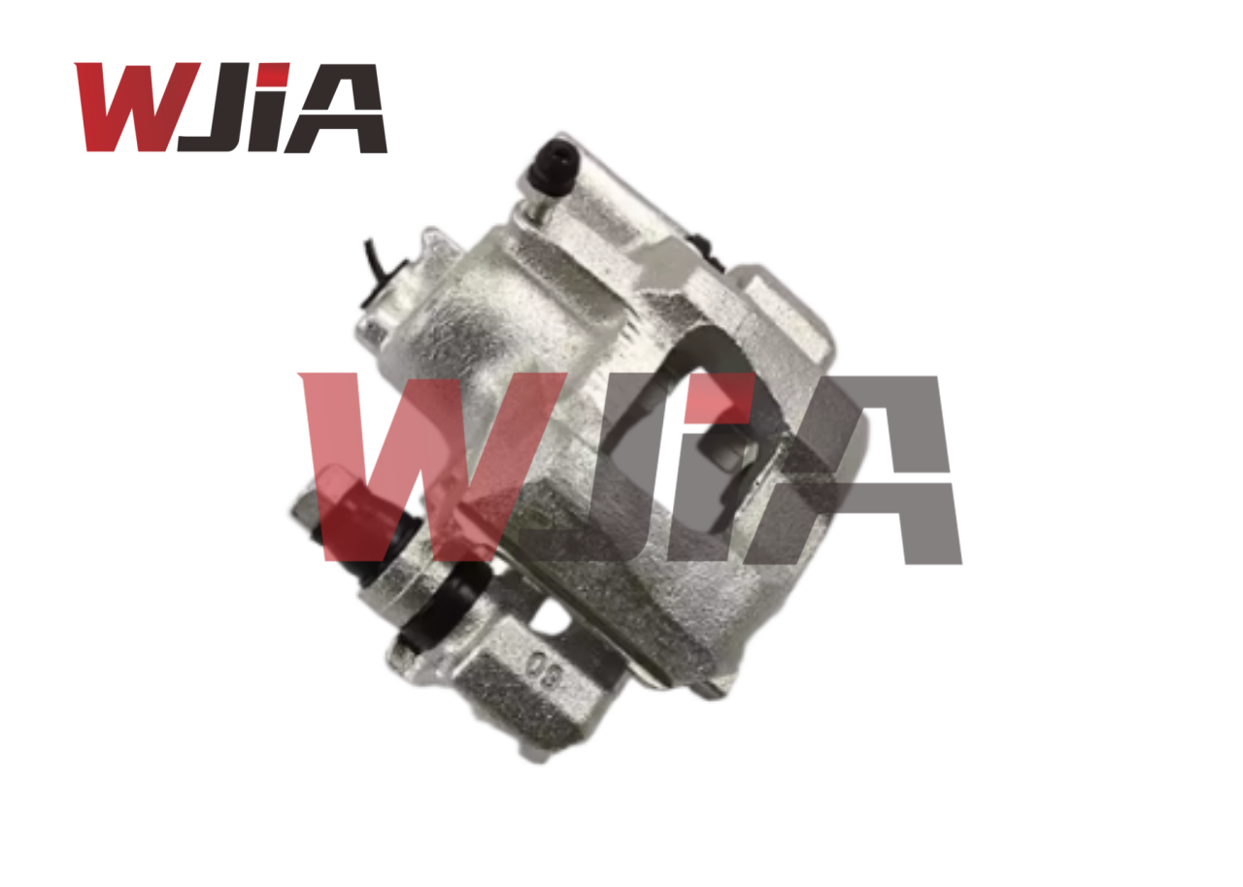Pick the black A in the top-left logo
point(341,108)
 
